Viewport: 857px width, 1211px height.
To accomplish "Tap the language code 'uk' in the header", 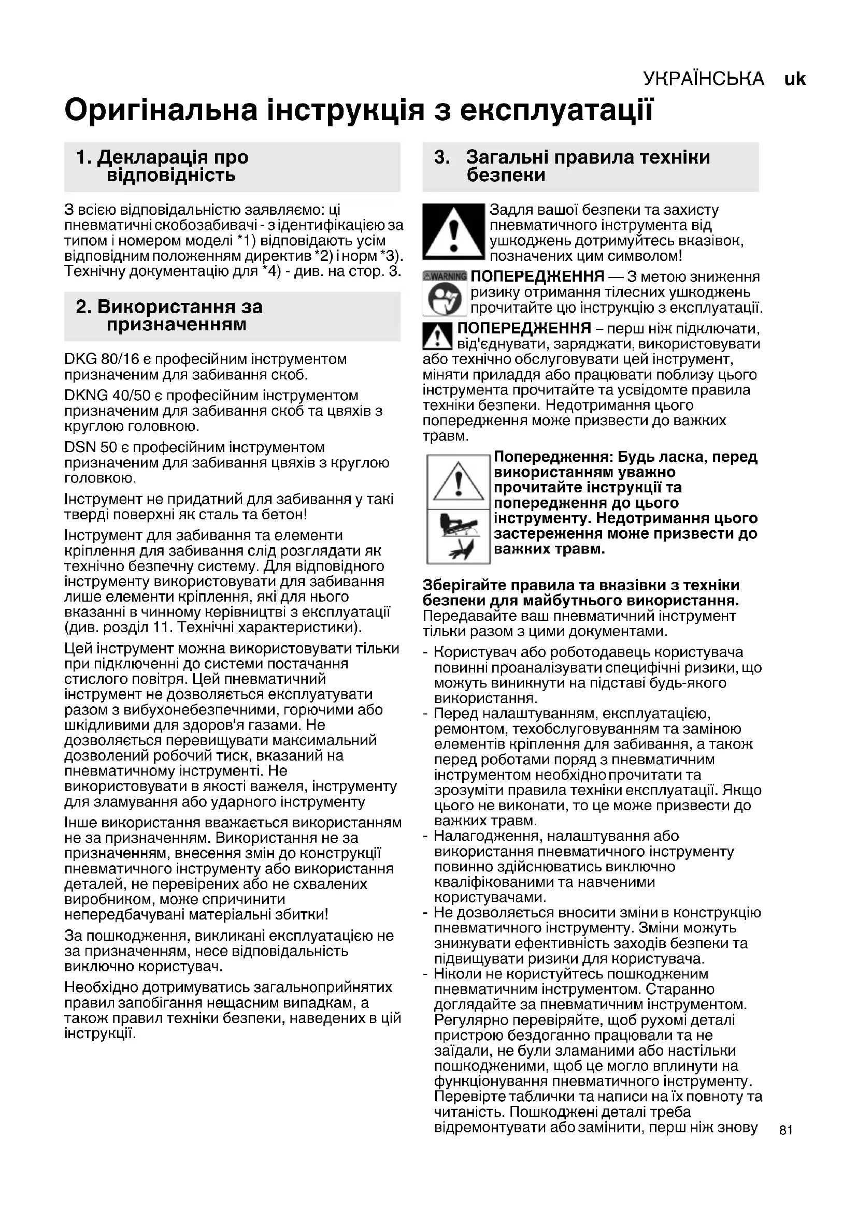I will tap(795, 79).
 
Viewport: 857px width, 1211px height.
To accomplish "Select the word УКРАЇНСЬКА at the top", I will tap(704, 79).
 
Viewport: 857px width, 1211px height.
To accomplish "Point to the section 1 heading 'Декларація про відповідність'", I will tap(162, 166).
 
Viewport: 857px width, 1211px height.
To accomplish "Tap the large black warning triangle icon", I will tap(453, 231).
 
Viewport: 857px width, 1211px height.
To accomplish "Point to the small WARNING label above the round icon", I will tap(445, 276).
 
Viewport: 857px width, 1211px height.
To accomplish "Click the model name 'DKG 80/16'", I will tap(102, 359).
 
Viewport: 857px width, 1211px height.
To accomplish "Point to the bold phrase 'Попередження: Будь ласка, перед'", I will tap(625, 457).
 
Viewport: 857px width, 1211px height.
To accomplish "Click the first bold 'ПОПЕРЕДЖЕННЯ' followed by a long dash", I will tap(537, 276).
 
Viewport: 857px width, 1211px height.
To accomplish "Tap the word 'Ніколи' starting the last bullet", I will tap(455, 974).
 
